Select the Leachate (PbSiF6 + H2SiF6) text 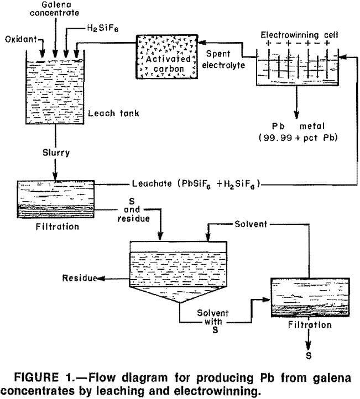(196, 183)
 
